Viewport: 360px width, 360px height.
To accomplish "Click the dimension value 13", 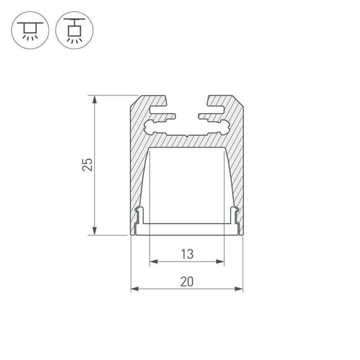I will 186,255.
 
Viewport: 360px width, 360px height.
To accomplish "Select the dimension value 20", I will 186,282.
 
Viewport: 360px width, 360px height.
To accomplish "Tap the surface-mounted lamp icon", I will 29,30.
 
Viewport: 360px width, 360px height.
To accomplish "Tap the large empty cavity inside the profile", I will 187,183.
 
